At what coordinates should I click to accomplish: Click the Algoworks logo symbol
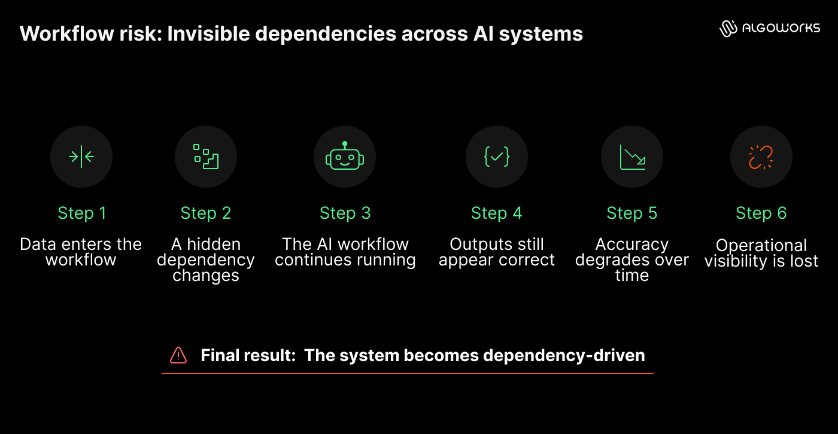(x=728, y=29)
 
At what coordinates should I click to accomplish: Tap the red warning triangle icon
(x=178, y=355)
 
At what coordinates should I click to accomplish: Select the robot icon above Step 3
(x=345, y=156)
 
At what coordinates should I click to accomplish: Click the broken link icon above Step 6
(x=761, y=157)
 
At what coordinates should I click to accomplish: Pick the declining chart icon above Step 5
(x=633, y=157)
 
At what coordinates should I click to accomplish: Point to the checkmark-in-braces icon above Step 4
(x=497, y=157)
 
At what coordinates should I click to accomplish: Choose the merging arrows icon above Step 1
(x=81, y=157)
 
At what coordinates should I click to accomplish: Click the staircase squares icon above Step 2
(x=206, y=157)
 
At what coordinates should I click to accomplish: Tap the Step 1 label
(x=82, y=213)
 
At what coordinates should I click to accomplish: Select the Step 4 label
(x=496, y=213)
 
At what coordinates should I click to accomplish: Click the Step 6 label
(x=761, y=213)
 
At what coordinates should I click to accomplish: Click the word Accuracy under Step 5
(x=632, y=244)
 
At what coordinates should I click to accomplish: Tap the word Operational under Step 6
(x=761, y=245)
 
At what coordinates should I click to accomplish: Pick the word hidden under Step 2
(x=214, y=244)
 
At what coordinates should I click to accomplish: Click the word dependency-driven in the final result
(x=564, y=356)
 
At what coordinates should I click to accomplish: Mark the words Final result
(x=248, y=355)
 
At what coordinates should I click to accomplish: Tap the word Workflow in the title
(x=66, y=33)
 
